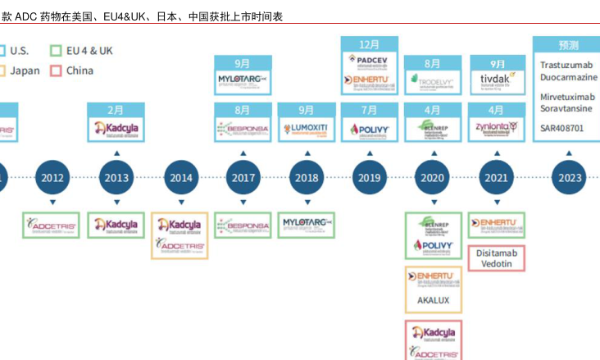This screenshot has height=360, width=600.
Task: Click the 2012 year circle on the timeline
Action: click(52, 178)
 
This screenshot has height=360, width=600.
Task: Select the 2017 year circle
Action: click(243, 178)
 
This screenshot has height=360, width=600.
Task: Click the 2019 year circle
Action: click(370, 178)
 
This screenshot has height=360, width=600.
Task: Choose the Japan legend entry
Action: click(19, 71)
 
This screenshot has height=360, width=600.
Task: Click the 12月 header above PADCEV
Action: click(370, 44)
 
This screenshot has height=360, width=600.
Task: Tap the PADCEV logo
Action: click(370, 60)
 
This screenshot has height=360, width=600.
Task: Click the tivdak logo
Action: click(497, 80)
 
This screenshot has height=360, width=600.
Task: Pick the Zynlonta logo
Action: click(497, 128)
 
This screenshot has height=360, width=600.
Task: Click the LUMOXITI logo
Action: click(306, 129)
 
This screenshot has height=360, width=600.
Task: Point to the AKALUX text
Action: click(434, 300)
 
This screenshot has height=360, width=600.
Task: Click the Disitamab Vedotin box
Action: click(497, 258)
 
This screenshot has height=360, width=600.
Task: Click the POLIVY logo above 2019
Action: click(370, 129)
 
